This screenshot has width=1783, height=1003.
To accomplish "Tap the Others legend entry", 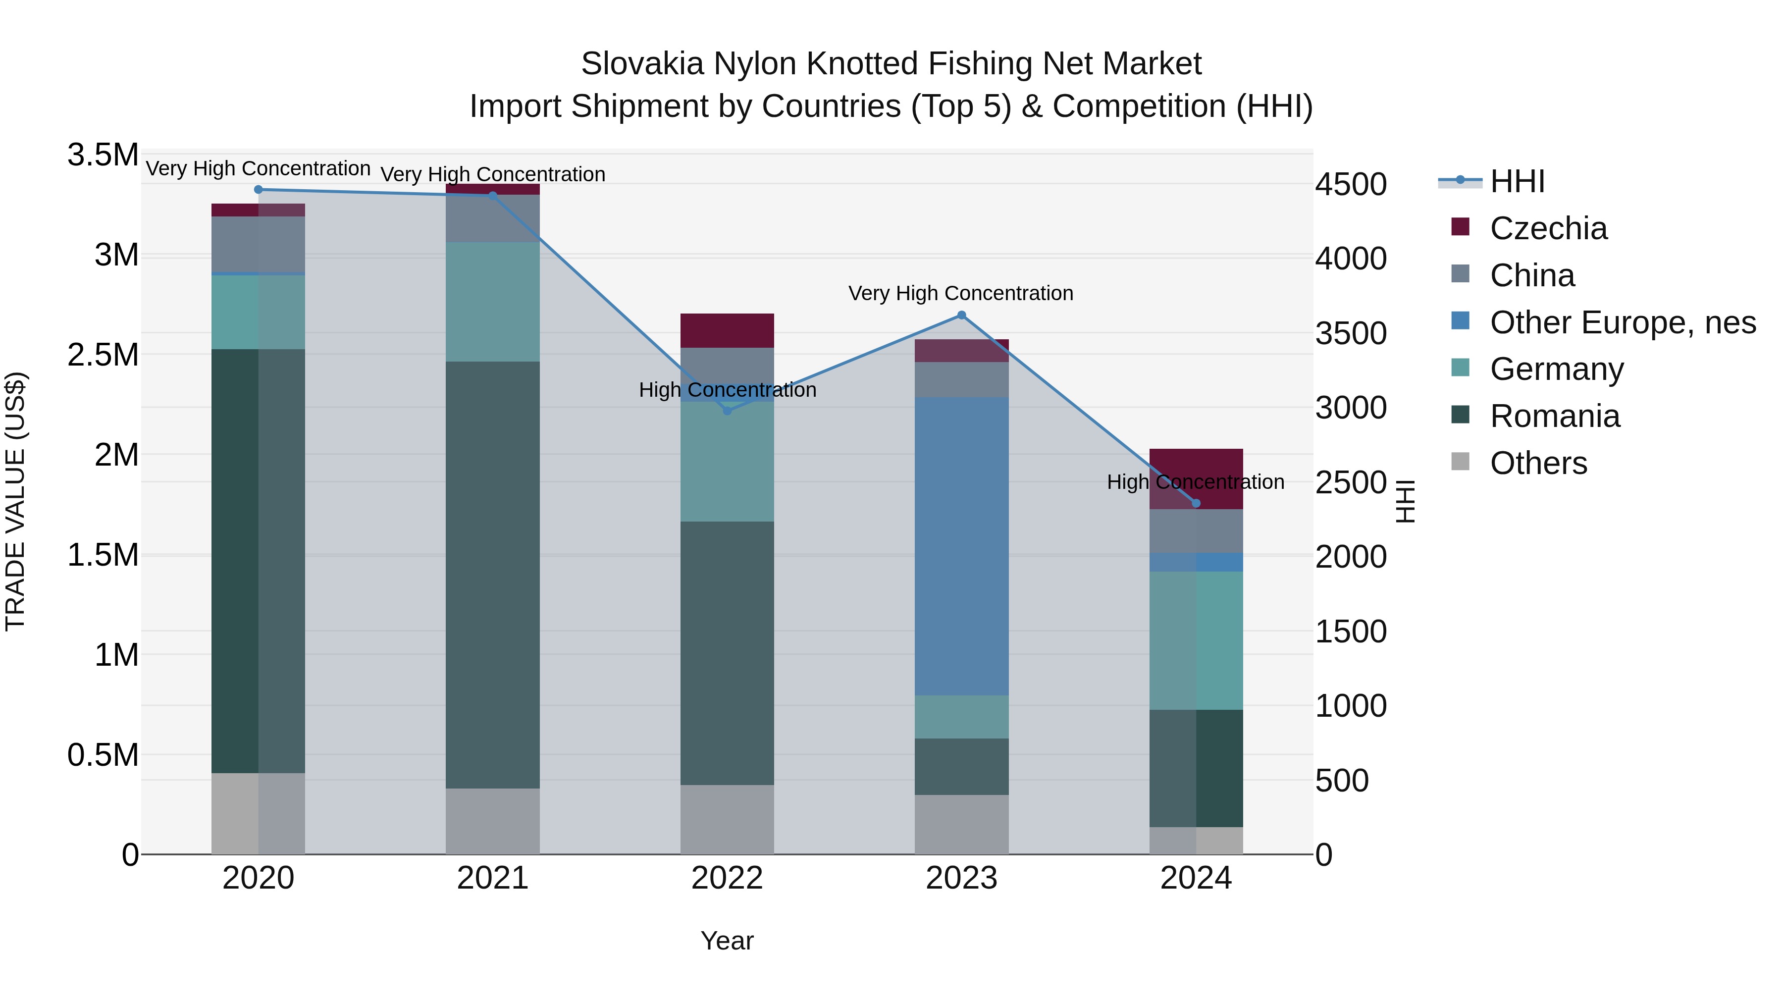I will click(1538, 464).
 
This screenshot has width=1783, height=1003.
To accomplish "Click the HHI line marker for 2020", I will click(258, 190).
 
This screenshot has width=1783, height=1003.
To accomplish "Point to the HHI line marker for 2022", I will click(727, 411).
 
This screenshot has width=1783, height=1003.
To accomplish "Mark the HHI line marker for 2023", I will click(961, 316).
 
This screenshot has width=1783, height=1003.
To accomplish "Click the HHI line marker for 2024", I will click(1196, 504).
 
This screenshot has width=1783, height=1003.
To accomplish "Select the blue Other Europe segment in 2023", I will click(961, 547).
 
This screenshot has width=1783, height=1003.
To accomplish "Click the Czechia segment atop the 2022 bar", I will click(727, 331).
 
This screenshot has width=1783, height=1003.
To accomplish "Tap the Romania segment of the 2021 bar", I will click(492, 575).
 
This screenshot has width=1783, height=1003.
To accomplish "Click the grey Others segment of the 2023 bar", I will click(961, 824).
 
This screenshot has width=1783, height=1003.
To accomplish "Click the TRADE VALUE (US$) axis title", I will click(16, 501).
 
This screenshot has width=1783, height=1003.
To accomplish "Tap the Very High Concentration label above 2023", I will click(961, 294).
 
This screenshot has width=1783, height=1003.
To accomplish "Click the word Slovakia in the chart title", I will click(641, 64).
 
